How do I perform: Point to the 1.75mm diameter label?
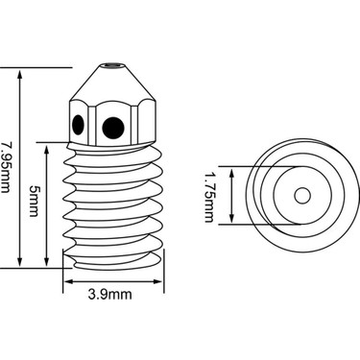click(208, 196)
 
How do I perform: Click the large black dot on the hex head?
click(113, 125)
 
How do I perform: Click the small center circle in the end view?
click(301, 196)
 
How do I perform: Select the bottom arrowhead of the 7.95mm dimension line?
click(20, 262)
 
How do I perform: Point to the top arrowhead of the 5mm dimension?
click(48, 149)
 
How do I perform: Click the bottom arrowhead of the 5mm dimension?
click(48, 262)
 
